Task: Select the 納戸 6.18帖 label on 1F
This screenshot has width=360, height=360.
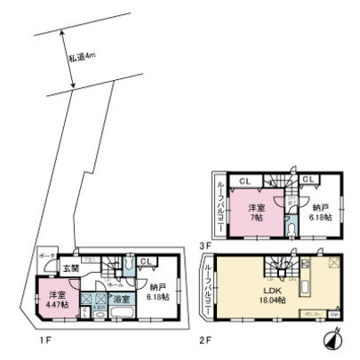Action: [160, 292]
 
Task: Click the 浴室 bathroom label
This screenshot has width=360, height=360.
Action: [122, 300]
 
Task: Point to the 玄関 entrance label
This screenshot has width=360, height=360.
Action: [71, 268]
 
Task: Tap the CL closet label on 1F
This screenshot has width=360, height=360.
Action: [146, 260]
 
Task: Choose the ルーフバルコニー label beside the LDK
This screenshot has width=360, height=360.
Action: [207, 284]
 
